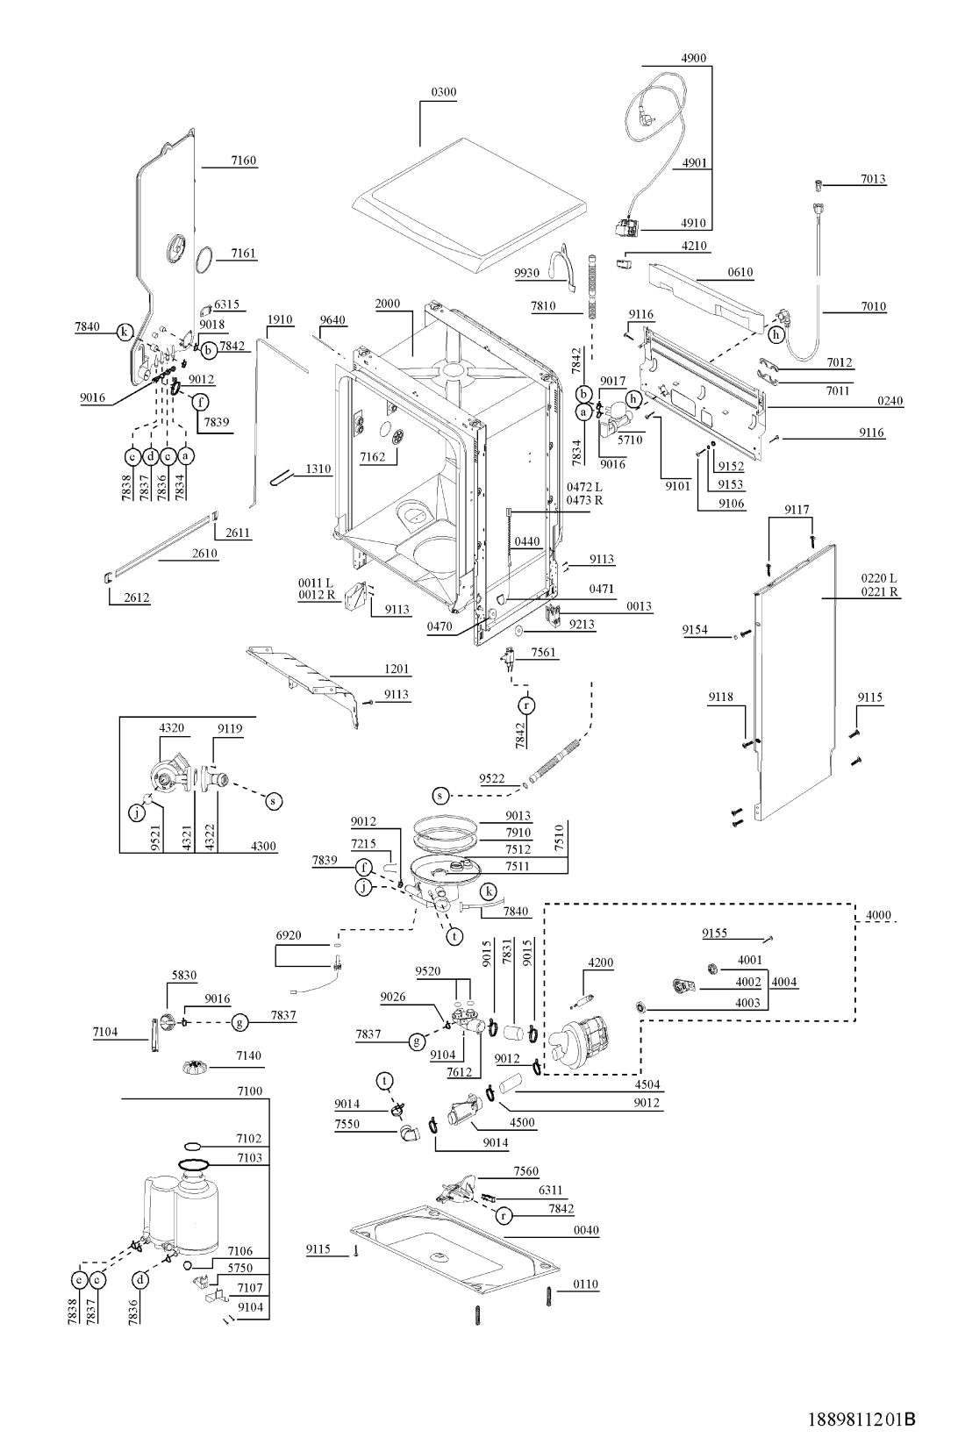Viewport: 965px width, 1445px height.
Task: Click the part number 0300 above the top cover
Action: point(444,92)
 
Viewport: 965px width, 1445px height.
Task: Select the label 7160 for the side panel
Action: point(244,161)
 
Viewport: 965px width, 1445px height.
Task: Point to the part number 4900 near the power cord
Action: point(693,59)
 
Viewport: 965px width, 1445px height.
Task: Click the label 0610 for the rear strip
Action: point(740,273)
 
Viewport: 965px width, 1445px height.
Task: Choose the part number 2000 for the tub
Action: point(388,304)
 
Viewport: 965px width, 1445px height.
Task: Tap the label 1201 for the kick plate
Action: point(397,669)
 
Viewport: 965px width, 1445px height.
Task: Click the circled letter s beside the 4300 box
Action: point(274,800)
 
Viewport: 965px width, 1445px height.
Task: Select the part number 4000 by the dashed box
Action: point(878,915)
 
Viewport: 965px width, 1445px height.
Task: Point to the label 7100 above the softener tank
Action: point(250,1091)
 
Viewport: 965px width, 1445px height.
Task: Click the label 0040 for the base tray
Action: point(586,1230)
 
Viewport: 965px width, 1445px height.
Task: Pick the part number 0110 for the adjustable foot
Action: point(586,1284)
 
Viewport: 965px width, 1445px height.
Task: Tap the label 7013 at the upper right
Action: point(873,179)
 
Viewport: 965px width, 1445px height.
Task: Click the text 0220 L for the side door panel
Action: point(878,578)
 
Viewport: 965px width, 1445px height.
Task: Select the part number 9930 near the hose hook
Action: point(527,274)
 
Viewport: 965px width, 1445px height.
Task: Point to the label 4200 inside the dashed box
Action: point(601,962)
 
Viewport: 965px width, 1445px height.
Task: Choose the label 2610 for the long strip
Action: point(205,554)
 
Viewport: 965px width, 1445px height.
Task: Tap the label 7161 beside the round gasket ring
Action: point(244,254)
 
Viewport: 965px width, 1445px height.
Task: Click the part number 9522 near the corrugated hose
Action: point(491,778)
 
